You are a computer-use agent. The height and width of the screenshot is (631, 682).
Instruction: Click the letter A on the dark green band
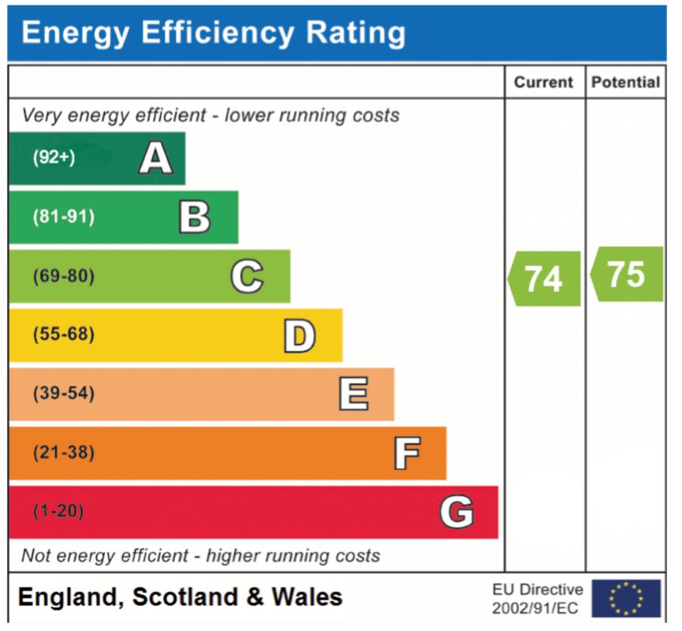pos(155,158)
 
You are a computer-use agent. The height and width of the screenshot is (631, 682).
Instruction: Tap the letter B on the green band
pos(195,217)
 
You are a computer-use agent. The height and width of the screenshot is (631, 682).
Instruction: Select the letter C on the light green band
pos(247,276)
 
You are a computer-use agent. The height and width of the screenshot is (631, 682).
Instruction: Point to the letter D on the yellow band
pos(300,335)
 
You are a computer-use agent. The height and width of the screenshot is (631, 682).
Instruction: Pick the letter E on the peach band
pos(353,394)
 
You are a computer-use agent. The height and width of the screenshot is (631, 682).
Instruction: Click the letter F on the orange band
pos(407,454)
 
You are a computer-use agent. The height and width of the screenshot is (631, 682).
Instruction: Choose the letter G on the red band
pos(457,512)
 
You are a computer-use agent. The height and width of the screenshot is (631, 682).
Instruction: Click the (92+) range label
pos(54,157)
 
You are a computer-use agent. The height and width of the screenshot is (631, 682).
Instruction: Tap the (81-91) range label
pos(64,216)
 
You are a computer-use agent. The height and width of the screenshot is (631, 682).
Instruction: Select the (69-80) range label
pos(64,276)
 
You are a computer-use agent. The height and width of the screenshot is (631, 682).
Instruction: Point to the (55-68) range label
pos(64,334)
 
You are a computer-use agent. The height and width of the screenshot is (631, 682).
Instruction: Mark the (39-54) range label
pos(64,394)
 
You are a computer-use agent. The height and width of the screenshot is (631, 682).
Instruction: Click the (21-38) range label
pos(64,453)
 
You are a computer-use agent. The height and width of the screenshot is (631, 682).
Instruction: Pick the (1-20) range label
pos(58,511)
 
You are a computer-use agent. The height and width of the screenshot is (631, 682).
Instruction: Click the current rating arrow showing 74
pos(544,278)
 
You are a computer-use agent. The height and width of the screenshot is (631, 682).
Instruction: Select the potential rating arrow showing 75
pos(627,274)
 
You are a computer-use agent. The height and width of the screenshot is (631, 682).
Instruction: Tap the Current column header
pos(543,82)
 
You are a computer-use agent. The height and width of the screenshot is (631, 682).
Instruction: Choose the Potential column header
pos(626,82)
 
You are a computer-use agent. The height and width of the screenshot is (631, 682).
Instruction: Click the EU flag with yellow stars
pos(626,599)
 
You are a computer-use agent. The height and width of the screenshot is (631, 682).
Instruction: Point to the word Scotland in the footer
pos(184,596)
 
